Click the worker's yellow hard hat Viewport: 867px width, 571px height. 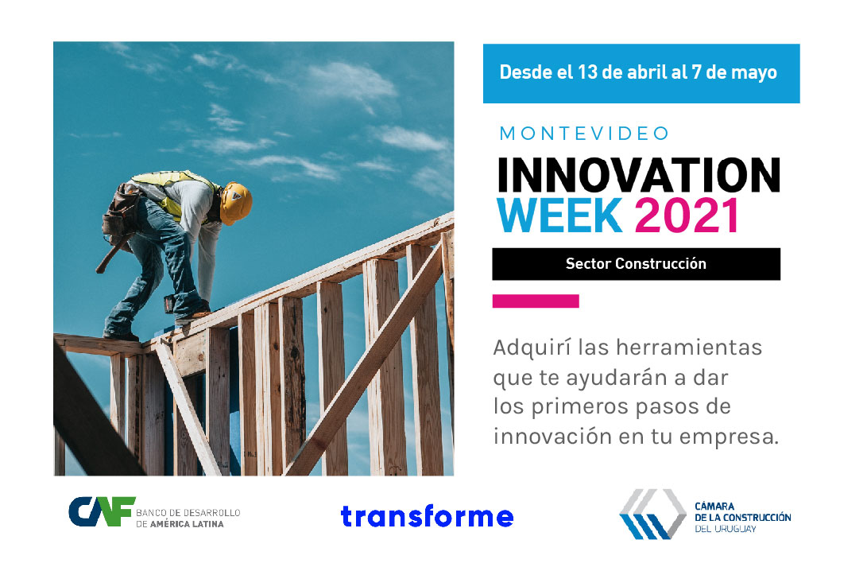click(235, 203)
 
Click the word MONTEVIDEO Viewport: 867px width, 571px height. click(584, 134)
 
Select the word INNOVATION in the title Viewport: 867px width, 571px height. click(639, 176)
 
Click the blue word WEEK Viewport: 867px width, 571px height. click(559, 215)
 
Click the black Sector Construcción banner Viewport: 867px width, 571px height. click(636, 264)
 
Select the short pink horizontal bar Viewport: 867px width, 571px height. click(536, 301)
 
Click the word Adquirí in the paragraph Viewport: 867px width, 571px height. click(532, 348)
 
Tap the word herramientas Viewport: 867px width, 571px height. click(689, 348)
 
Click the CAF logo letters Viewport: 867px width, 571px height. click(102, 511)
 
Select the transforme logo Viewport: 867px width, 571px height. click(428, 516)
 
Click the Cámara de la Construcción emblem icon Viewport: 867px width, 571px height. click(653, 514)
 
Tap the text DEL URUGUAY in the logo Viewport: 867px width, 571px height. click(726, 529)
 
